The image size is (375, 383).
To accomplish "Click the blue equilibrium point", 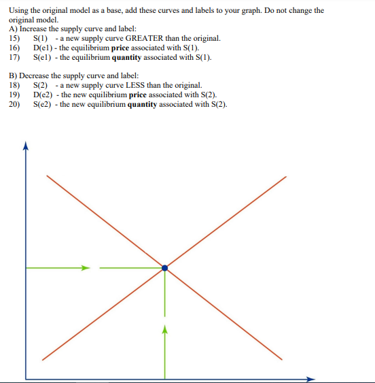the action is (164, 268).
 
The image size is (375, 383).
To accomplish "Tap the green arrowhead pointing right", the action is (86, 268).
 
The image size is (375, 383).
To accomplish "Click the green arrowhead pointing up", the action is (164, 329).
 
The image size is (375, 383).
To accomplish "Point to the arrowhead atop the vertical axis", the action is (26, 144).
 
